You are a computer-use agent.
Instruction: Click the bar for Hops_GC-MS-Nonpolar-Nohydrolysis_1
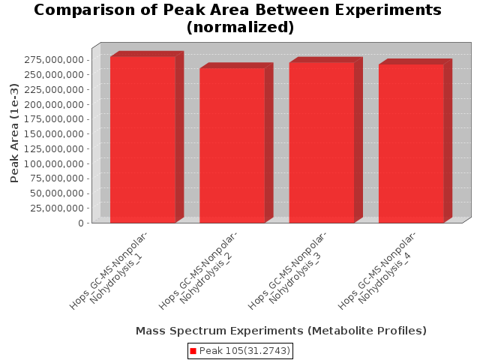pos(143,139)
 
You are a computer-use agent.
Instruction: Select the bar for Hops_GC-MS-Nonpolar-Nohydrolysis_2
pos(232,145)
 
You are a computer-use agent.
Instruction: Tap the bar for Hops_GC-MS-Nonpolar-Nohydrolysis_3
pos(322,142)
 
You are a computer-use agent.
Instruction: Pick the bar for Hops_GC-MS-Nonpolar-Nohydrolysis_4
pos(412,143)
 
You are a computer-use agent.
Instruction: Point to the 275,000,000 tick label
pos(54,59)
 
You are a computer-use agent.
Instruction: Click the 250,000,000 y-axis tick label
pos(54,74)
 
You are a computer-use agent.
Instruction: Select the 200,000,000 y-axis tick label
pos(54,104)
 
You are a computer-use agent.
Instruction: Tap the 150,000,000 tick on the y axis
pos(54,133)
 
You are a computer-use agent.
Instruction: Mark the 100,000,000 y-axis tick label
pos(54,163)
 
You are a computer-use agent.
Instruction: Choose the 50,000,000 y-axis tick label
pos(57,193)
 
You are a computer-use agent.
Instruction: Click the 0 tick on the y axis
pos(81,223)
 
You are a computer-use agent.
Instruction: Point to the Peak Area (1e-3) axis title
pos(14,133)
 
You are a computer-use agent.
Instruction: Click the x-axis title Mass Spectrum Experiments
pos(281,331)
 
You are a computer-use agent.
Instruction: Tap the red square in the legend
pos(193,351)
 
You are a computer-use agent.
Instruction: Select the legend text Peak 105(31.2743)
pos(244,351)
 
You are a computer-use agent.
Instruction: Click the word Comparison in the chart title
pos(84,10)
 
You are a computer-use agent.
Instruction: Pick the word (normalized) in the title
pos(240,27)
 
